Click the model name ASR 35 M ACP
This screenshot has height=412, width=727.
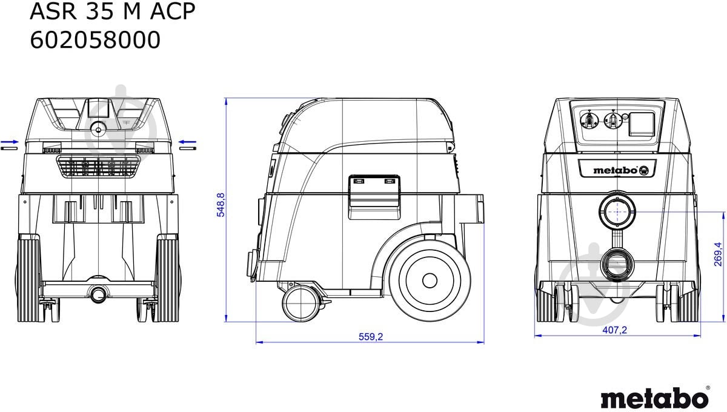pos(113,12)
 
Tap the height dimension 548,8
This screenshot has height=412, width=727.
pos(221,205)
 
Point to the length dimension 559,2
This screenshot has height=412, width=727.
pos(371,337)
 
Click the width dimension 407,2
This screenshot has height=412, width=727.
pos(615,330)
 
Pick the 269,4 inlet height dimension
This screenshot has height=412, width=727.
pos(718,253)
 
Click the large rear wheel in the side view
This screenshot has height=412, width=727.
pos(429,280)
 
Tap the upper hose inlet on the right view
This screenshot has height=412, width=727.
pos(616,212)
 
